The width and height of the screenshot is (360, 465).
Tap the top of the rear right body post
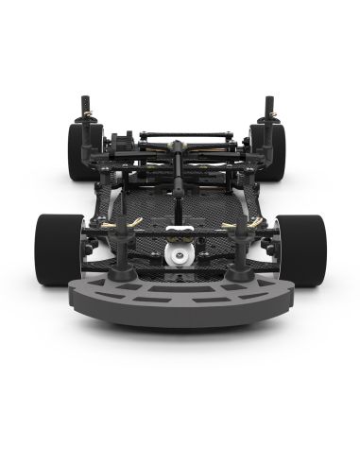[x=268, y=97]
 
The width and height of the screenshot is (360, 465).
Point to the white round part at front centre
[x=178, y=254]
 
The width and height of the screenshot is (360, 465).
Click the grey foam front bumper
[x=180, y=301]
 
